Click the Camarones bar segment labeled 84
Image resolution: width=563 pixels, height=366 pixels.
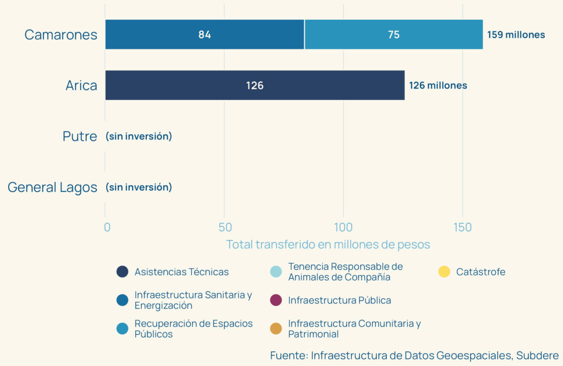[205, 35]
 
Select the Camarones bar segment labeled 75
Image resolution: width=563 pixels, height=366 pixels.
[394, 35]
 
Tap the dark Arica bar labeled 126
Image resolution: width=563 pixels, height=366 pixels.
[255, 85]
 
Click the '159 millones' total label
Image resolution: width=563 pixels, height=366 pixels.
[516, 35]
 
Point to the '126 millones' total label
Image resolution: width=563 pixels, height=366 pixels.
[438, 85]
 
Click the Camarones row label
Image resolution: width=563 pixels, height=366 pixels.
[60, 35]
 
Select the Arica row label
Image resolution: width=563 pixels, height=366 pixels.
[81, 85]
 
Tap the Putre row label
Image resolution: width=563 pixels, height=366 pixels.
[80, 136]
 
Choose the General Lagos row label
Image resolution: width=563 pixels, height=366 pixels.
[52, 187]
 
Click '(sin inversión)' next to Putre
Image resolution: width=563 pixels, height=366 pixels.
[139, 136]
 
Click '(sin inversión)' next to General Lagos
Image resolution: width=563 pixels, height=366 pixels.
[139, 187]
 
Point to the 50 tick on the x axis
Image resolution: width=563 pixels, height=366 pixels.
[224, 227]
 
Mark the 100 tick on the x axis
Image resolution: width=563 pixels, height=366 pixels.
[343, 227]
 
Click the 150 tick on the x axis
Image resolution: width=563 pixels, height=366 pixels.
[462, 227]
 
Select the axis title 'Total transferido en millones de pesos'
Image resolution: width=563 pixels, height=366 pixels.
[328, 244]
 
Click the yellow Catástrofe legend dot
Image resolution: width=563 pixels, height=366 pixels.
[444, 271]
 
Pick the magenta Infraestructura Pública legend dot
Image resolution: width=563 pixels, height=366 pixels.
[276, 300]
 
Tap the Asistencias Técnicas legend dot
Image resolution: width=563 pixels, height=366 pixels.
[122, 271]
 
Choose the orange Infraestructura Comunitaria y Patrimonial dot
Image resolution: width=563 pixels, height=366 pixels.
[276, 329]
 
